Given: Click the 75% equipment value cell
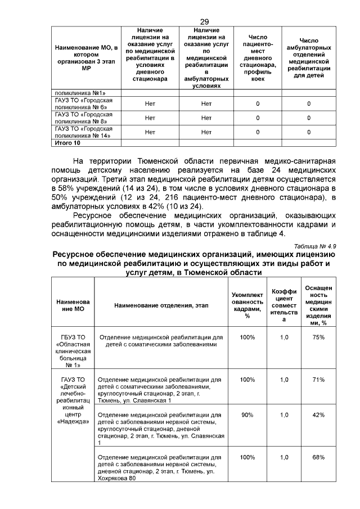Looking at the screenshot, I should (319, 337).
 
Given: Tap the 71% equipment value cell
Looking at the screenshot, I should (319, 380).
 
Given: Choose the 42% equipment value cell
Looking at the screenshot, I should (319, 415).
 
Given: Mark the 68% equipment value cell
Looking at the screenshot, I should (319, 457).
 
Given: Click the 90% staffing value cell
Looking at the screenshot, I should (247, 415).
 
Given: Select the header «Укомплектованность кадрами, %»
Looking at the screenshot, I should (247, 305).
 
